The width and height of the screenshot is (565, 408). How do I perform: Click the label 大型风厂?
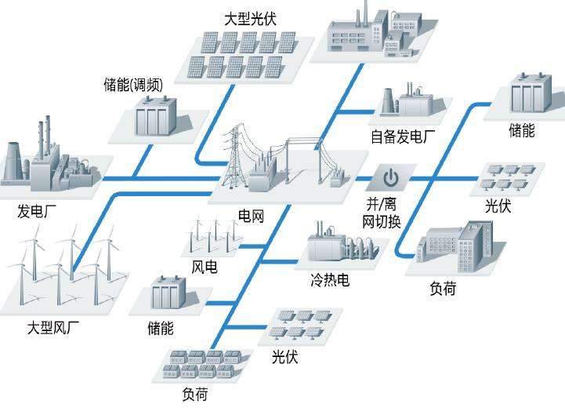53,326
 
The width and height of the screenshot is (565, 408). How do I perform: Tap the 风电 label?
205,267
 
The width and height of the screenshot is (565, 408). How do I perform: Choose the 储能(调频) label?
133,85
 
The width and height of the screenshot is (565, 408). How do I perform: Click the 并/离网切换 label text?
382,213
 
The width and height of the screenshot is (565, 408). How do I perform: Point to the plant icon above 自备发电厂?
410,103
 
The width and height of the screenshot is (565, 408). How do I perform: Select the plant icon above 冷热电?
335,243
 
